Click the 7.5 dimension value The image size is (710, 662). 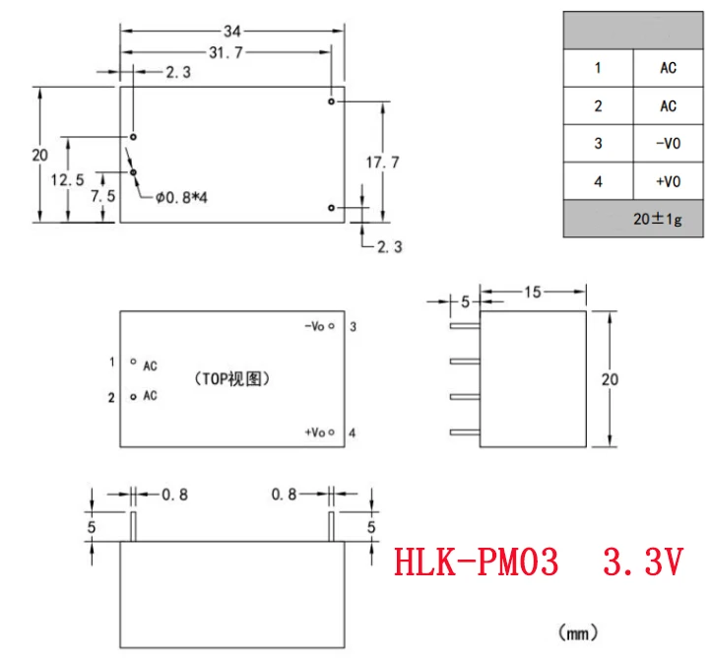pos(103,196)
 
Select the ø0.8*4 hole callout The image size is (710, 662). pos(181,198)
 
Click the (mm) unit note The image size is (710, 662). pos(578,631)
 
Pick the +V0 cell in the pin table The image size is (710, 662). pos(668,182)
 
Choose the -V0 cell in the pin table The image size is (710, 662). pos(668,144)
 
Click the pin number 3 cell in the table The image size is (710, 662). pos(598,144)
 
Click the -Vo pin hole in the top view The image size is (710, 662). pos(333,326)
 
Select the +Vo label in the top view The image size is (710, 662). pos(315,432)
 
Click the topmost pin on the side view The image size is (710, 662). pos(463,325)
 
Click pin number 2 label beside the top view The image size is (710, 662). pos(112,397)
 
